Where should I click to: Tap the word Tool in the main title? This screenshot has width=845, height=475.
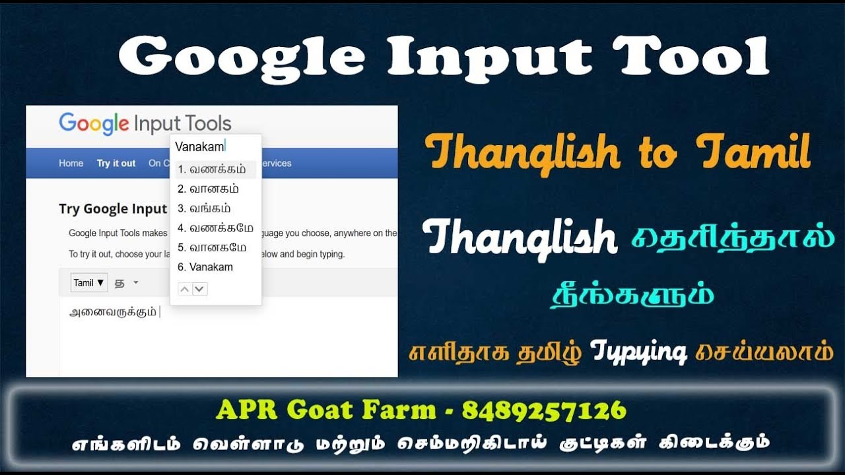pyautogui.click(x=690, y=55)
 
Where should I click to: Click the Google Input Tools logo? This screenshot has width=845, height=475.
pyautogui.click(x=145, y=123)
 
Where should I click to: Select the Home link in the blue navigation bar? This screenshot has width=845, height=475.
pyautogui.click(x=71, y=164)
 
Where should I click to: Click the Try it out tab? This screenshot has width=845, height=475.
pyautogui.click(x=116, y=164)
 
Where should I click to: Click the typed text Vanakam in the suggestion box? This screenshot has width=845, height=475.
pyautogui.click(x=199, y=146)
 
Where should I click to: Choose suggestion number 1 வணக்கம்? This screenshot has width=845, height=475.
pyautogui.click(x=209, y=170)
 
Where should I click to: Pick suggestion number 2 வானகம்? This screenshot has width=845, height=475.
pyautogui.click(x=209, y=189)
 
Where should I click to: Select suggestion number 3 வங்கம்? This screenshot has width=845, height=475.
pyautogui.click(x=205, y=208)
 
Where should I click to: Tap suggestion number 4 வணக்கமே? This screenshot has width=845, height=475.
pyautogui.click(x=215, y=228)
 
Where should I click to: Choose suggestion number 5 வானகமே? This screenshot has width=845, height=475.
pyautogui.click(x=215, y=248)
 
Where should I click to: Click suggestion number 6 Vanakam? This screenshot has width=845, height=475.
pyautogui.click(x=205, y=267)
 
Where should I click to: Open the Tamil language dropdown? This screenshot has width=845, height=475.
pyautogui.click(x=89, y=283)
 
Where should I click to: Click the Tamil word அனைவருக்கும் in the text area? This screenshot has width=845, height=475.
pyautogui.click(x=113, y=313)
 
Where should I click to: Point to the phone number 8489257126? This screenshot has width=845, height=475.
pyautogui.click(x=543, y=411)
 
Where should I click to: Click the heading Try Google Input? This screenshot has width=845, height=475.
pyautogui.click(x=113, y=209)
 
